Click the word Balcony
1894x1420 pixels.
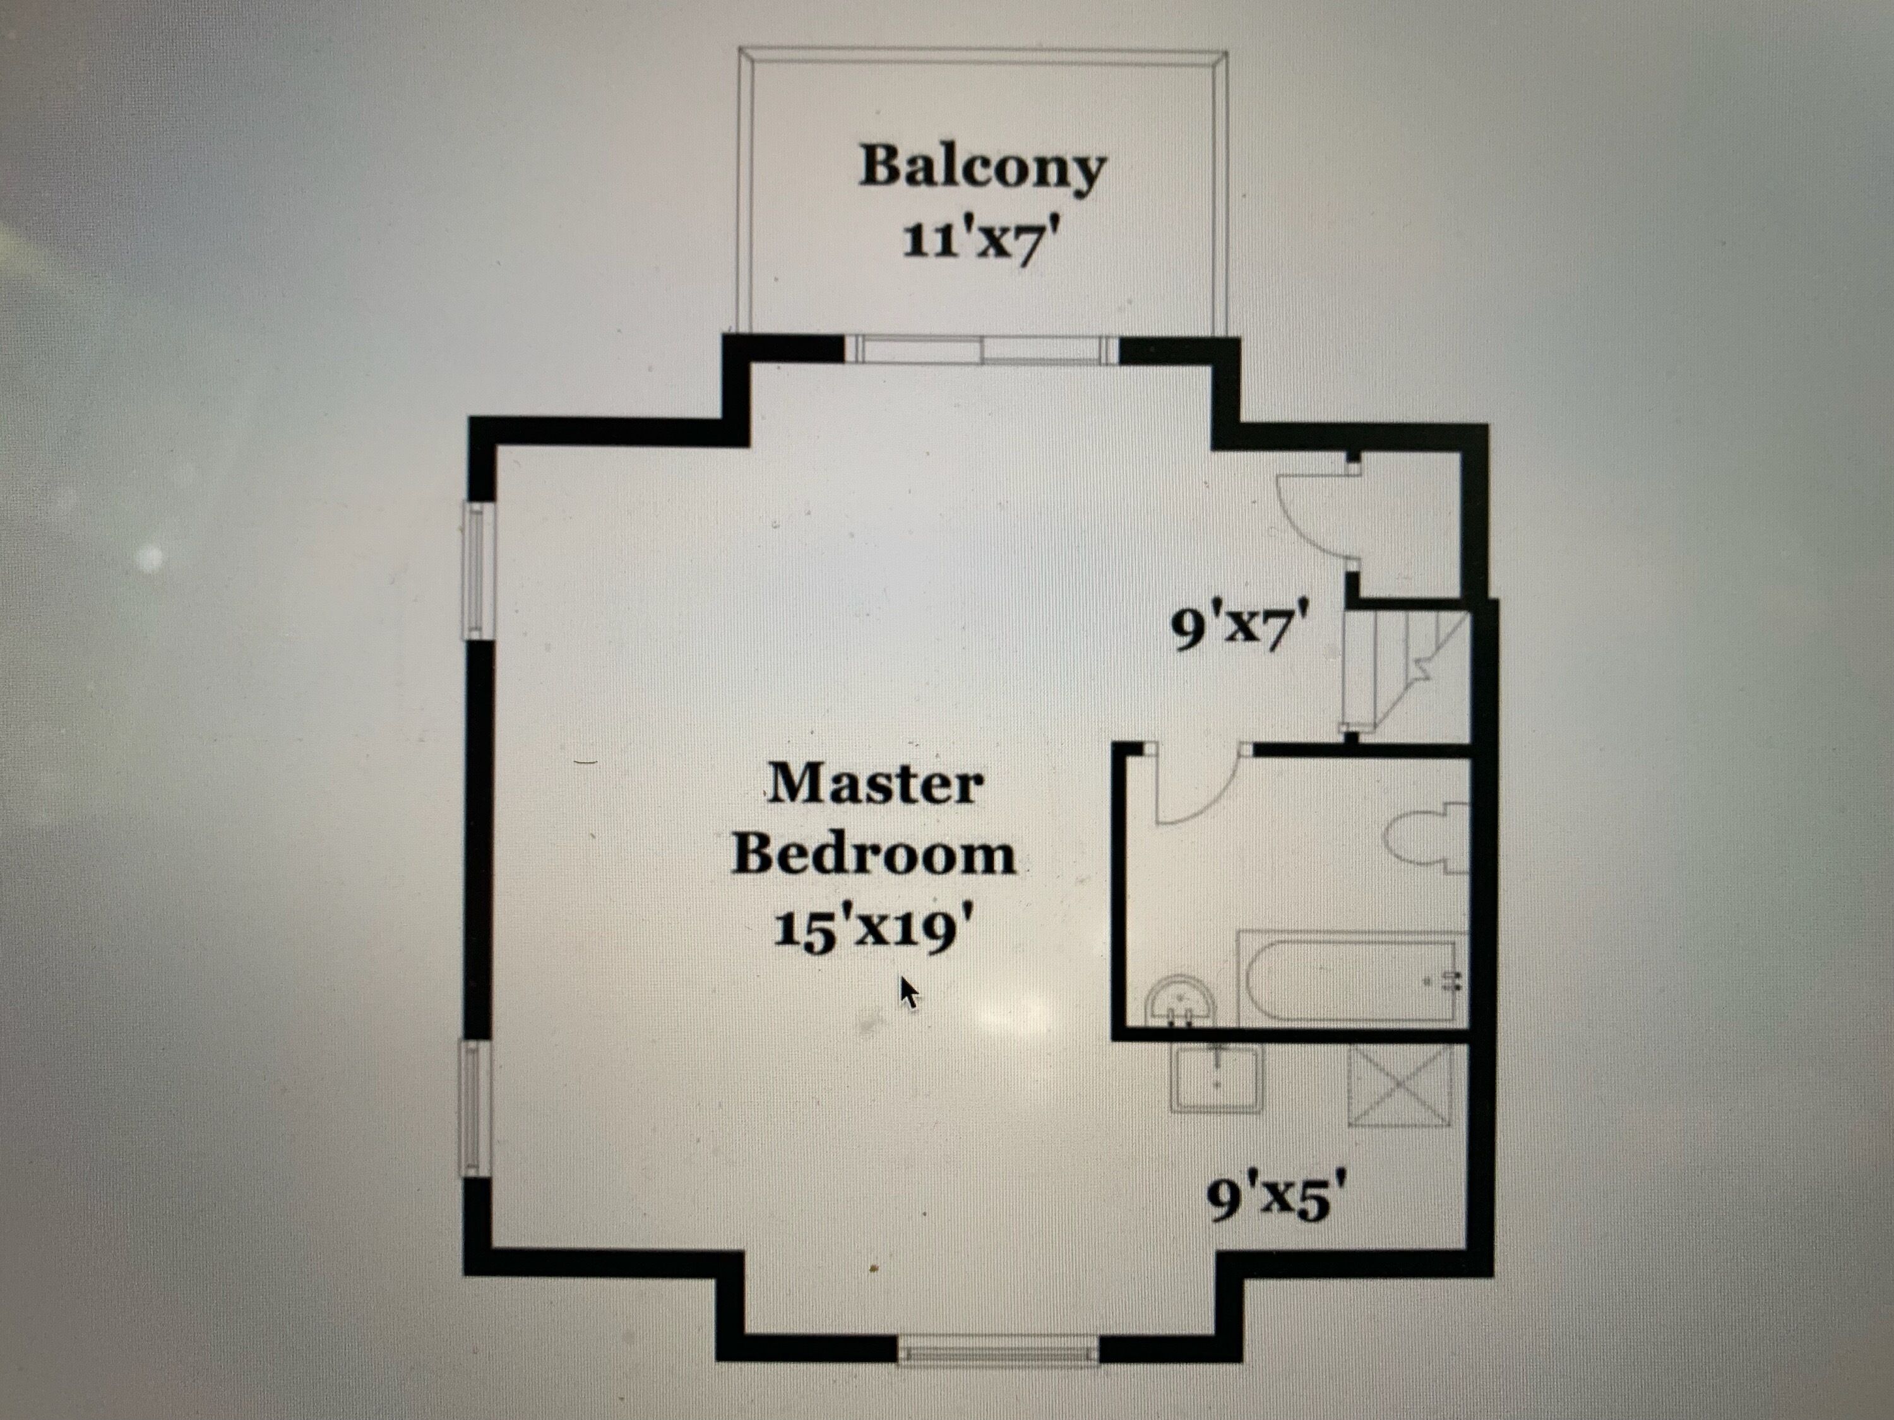pos(982,169)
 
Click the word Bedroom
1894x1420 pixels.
pos(874,855)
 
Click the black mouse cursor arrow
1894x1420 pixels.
pos(909,993)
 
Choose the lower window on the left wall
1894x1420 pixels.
pos(472,1110)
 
